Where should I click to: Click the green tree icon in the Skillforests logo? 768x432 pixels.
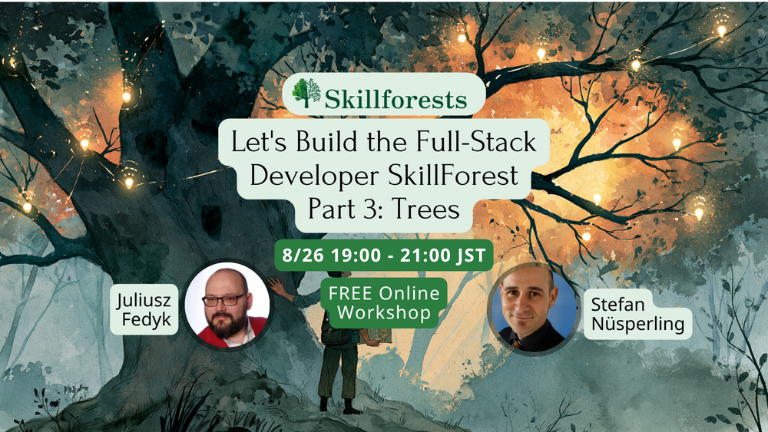(x=306, y=93)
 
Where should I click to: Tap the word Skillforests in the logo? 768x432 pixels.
(x=396, y=99)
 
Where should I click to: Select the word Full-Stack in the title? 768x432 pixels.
(x=476, y=142)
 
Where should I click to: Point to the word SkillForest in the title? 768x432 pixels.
(x=453, y=176)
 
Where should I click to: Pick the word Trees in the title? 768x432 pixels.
(x=425, y=209)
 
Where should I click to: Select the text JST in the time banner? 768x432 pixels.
(x=472, y=256)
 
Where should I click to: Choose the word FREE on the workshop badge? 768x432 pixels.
(x=350, y=294)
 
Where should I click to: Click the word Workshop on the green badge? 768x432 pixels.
(x=384, y=312)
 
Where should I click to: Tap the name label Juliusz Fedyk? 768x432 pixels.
(x=144, y=310)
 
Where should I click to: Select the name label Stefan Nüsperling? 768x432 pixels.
(x=637, y=314)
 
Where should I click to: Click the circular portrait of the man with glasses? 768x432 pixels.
(x=227, y=305)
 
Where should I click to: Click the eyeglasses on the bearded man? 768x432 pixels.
(x=224, y=299)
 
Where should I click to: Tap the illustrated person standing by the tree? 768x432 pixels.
(x=333, y=342)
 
